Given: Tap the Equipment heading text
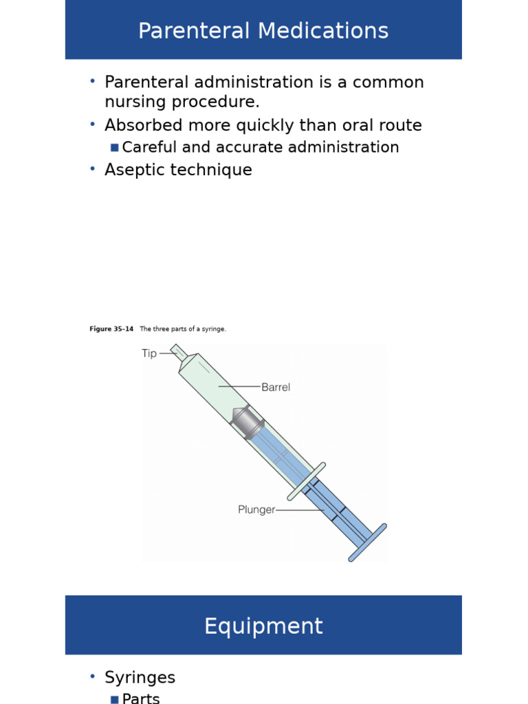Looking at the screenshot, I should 263,626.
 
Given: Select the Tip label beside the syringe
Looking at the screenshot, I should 149,353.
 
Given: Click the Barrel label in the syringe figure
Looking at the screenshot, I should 276,387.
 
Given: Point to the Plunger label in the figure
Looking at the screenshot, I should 256,510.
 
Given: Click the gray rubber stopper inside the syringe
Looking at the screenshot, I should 246,422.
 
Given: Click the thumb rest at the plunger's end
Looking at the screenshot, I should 367,542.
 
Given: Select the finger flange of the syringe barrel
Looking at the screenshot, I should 306,481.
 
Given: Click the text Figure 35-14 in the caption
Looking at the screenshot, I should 111,329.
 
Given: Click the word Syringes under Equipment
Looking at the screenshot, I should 140,678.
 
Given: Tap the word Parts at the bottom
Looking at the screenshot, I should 140,698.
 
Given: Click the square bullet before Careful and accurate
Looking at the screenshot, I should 114,148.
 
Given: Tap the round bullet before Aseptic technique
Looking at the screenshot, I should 92,169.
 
